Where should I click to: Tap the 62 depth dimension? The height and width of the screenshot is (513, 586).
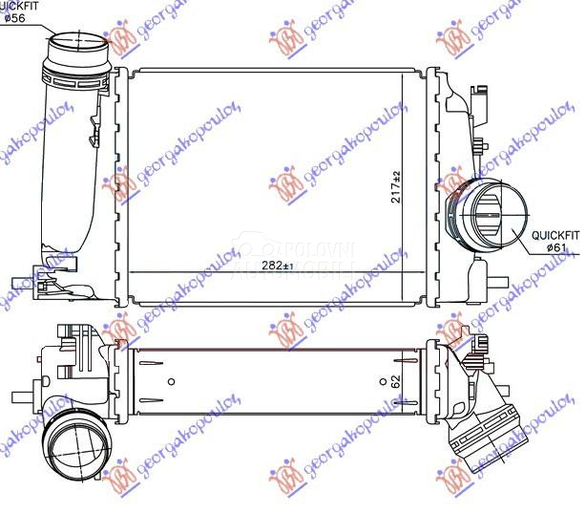tap(394, 380)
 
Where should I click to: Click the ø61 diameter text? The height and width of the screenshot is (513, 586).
tap(557, 246)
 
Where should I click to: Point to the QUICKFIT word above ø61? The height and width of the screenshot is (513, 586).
tap(555, 233)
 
